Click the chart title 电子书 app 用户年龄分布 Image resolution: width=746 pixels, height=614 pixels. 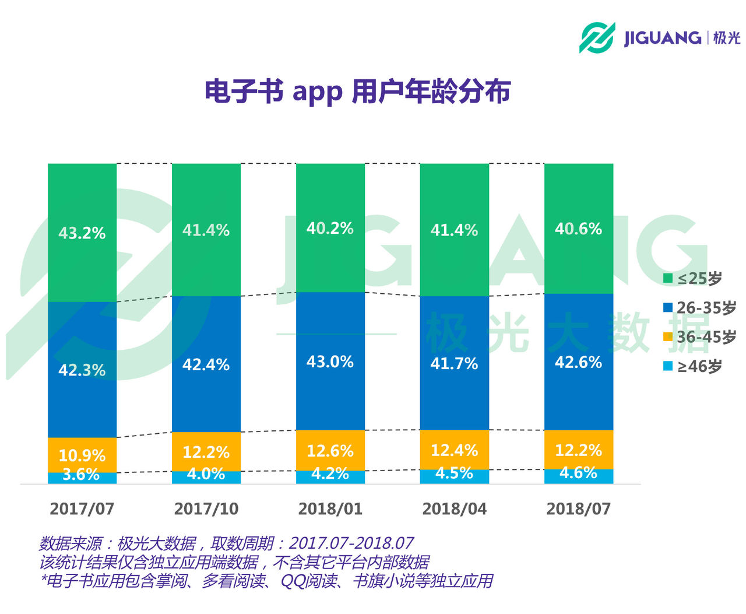click(357, 92)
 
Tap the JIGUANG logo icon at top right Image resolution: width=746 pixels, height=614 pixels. click(597, 38)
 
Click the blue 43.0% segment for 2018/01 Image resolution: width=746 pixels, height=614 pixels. click(330, 361)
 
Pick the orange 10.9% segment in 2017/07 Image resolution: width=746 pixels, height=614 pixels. click(82, 454)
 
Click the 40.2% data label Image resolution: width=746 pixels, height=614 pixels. click(330, 228)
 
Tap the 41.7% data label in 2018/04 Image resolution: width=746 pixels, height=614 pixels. click(454, 364)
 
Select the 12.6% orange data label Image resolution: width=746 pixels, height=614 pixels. click(330, 451)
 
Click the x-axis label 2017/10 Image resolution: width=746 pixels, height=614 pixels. click(206, 508)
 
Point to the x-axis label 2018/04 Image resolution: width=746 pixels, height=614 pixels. click(454, 508)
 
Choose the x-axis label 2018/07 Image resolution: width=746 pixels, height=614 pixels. click(578, 508)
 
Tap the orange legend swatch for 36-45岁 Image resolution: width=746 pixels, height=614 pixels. click(668, 337)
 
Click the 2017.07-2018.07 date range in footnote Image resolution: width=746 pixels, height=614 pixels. click(351, 543)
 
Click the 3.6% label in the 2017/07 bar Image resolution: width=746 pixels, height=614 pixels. click(81, 475)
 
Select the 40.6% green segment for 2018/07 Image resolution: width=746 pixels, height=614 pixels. click(579, 229)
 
